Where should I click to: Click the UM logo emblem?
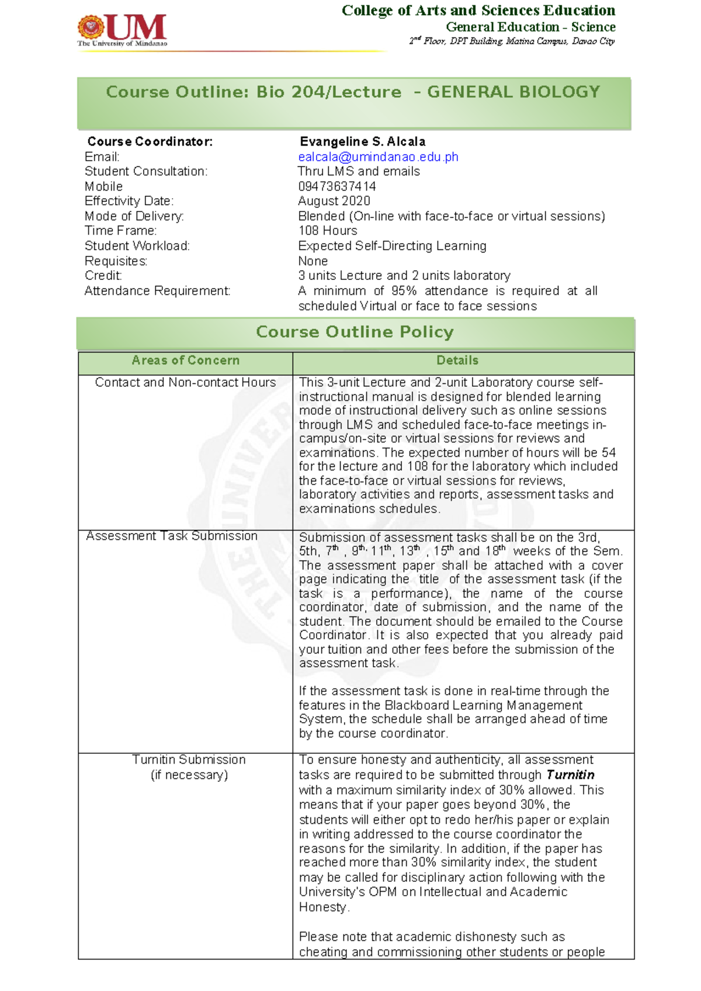(92, 27)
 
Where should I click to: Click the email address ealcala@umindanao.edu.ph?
(378, 157)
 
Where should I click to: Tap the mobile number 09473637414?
(336, 186)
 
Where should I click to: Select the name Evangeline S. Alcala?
(362, 141)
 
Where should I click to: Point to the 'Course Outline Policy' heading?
(355, 332)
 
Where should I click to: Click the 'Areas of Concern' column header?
(185, 361)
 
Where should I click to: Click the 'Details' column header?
(457, 361)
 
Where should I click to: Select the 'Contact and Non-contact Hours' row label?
(185, 382)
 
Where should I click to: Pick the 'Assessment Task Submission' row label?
(172, 536)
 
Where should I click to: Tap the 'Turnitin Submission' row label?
(189, 760)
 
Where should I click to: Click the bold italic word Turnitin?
(570, 775)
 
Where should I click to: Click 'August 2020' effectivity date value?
(334, 201)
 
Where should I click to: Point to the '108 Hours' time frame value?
(327, 231)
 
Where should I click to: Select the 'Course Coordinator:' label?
(150, 141)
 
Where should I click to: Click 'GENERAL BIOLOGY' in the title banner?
(513, 92)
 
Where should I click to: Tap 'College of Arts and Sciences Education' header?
(478, 11)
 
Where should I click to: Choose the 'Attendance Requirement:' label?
(157, 291)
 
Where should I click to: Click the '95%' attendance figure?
(404, 291)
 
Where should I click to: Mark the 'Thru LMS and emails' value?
(358, 171)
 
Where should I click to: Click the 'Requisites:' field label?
(116, 261)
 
